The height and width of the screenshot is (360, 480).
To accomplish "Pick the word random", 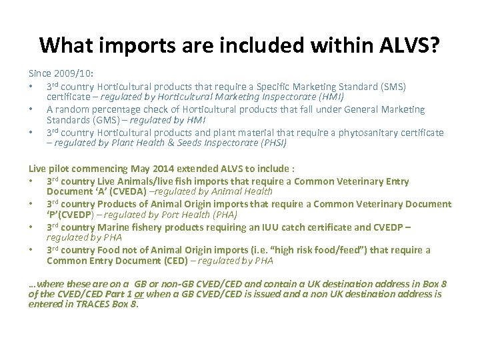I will [x=71, y=109].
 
